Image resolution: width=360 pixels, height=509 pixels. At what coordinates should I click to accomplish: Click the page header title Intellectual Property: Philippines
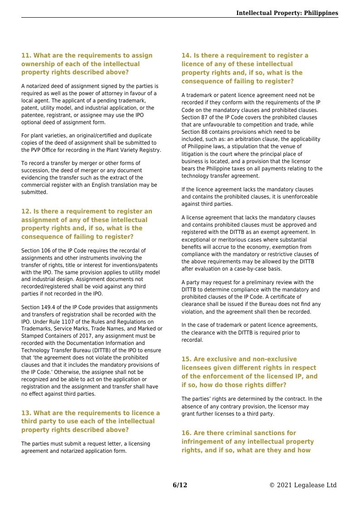(x=287, y=13)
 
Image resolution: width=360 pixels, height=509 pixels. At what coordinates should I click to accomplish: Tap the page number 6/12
(x=180, y=485)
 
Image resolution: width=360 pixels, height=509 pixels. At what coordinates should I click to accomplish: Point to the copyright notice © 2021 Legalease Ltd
(x=303, y=485)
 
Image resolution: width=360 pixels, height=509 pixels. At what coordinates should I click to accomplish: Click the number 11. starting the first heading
(x=26, y=56)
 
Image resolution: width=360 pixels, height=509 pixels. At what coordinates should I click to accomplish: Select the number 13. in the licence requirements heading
(x=26, y=413)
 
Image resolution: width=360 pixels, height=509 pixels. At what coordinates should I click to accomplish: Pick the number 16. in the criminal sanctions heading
(x=186, y=433)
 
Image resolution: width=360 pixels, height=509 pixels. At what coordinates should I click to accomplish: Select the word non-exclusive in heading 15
(x=271, y=359)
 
